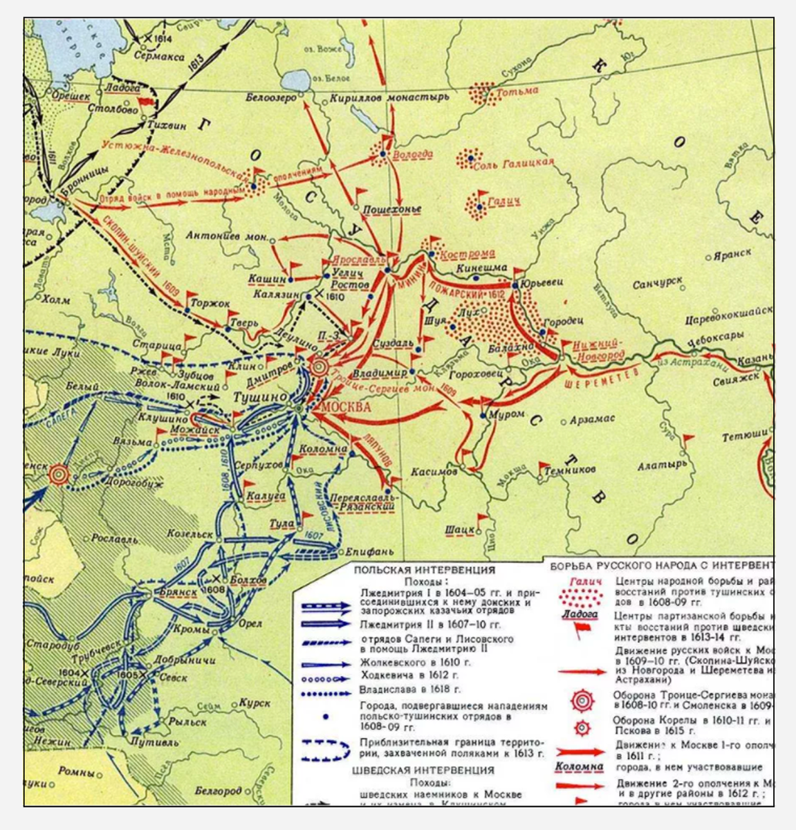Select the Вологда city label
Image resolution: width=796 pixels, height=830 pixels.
tap(413, 154)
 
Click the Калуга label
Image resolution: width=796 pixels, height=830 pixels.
tap(266, 496)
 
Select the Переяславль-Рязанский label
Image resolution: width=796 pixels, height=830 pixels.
tap(364, 502)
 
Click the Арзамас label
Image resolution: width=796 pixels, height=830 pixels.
tap(592, 420)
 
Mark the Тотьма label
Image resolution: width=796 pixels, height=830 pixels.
tap(517, 92)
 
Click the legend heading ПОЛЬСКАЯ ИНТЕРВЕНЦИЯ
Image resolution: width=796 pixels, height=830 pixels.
tap(425, 571)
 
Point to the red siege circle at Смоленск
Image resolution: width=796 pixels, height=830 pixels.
tap(59, 474)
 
